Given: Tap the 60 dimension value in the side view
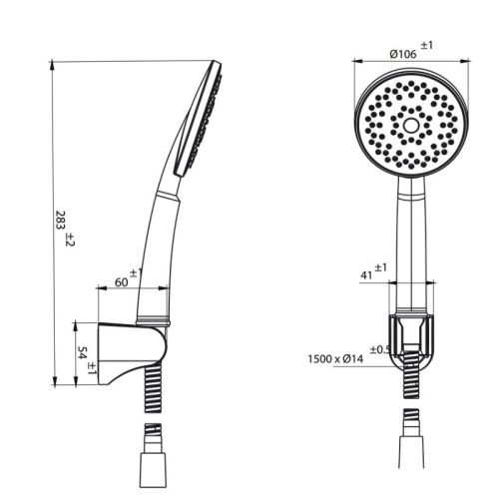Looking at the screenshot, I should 121,282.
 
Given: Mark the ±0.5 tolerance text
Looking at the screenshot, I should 379,348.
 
